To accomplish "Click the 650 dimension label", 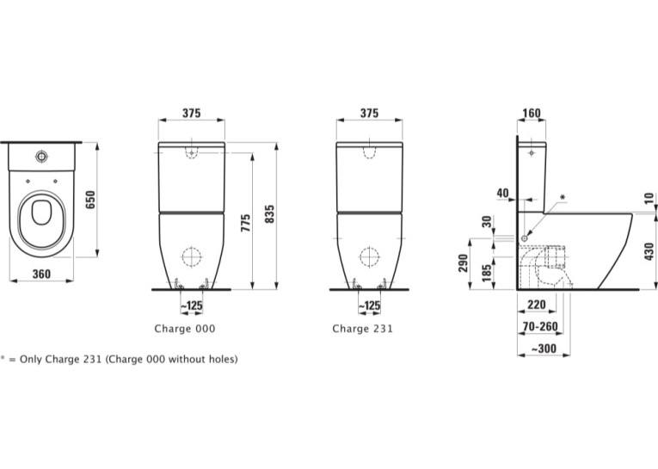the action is [90, 200].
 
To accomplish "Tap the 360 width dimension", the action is [41, 274].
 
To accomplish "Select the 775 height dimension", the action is [245, 223].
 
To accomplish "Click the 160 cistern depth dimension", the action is [532, 114].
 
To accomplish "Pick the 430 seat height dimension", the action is [649, 251].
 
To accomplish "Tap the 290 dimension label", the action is [464, 262].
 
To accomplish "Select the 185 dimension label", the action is [487, 273].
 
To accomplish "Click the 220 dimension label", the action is [537, 304].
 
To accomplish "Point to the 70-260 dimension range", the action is [540, 326].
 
